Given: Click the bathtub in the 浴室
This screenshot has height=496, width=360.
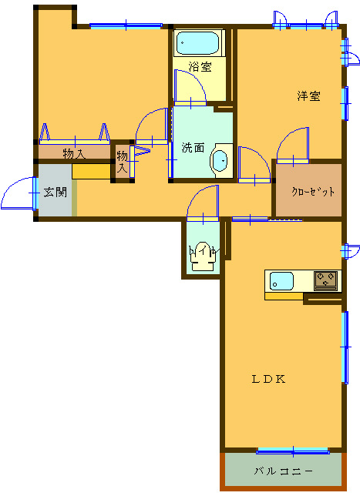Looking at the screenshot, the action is tap(197, 43).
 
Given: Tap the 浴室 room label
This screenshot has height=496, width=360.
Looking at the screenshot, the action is tap(200, 67).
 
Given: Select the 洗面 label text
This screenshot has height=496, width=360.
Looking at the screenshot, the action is tap(193, 148).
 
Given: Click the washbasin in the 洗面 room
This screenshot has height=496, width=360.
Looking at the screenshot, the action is tap(220, 161).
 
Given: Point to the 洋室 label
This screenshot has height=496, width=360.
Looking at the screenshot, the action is tap(308, 96).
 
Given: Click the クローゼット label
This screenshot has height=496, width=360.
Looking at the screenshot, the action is tap(313, 192).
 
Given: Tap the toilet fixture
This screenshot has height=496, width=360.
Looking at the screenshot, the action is tap(203, 256).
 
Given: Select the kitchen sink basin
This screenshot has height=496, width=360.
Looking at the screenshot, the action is tap(281, 281).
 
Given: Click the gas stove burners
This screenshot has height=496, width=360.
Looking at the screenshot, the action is tap(326, 280).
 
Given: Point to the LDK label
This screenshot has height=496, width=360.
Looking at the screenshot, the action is tap(268, 379).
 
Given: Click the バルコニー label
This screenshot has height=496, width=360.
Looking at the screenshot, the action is tap(284, 471).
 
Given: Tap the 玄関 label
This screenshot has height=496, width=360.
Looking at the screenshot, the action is tap(56, 192).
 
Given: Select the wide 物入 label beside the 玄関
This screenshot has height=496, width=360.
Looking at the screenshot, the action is tap(74, 154).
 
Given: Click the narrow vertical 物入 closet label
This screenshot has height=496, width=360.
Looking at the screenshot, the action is tap(123, 161).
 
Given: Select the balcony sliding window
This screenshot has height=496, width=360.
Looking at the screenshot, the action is tap(293, 451).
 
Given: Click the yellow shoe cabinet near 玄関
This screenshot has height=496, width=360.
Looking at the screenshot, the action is tap(91, 172).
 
